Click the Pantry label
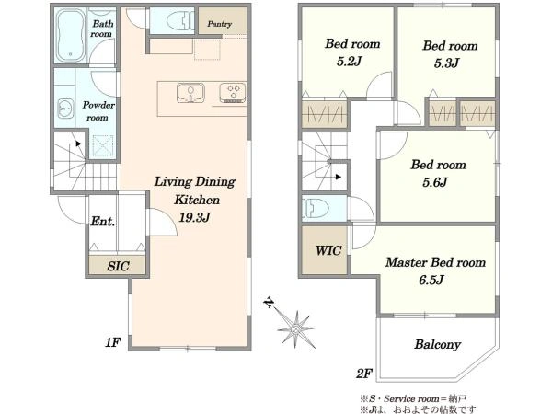219,24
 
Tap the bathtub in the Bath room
71,35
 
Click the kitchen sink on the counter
190,93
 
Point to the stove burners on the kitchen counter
233,92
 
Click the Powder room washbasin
65,109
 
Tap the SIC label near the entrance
118,266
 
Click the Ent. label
103,222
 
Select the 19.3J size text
194,217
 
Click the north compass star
295,329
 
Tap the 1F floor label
112,342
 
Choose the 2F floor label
364,374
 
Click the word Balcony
437,344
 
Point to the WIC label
328,250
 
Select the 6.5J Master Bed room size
431,280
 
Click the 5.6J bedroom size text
435,182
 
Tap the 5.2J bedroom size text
349,62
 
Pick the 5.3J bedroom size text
446,63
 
